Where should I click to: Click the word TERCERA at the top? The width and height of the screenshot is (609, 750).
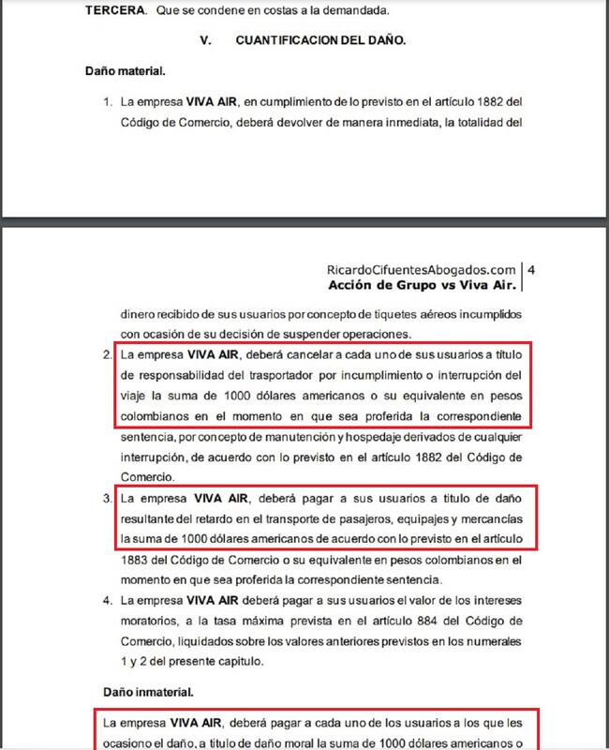[x=111, y=10]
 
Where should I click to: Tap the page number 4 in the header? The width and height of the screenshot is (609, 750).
[x=530, y=269]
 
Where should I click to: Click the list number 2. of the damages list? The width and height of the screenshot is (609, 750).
[x=108, y=355]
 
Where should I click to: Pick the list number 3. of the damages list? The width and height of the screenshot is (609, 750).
[x=108, y=498]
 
